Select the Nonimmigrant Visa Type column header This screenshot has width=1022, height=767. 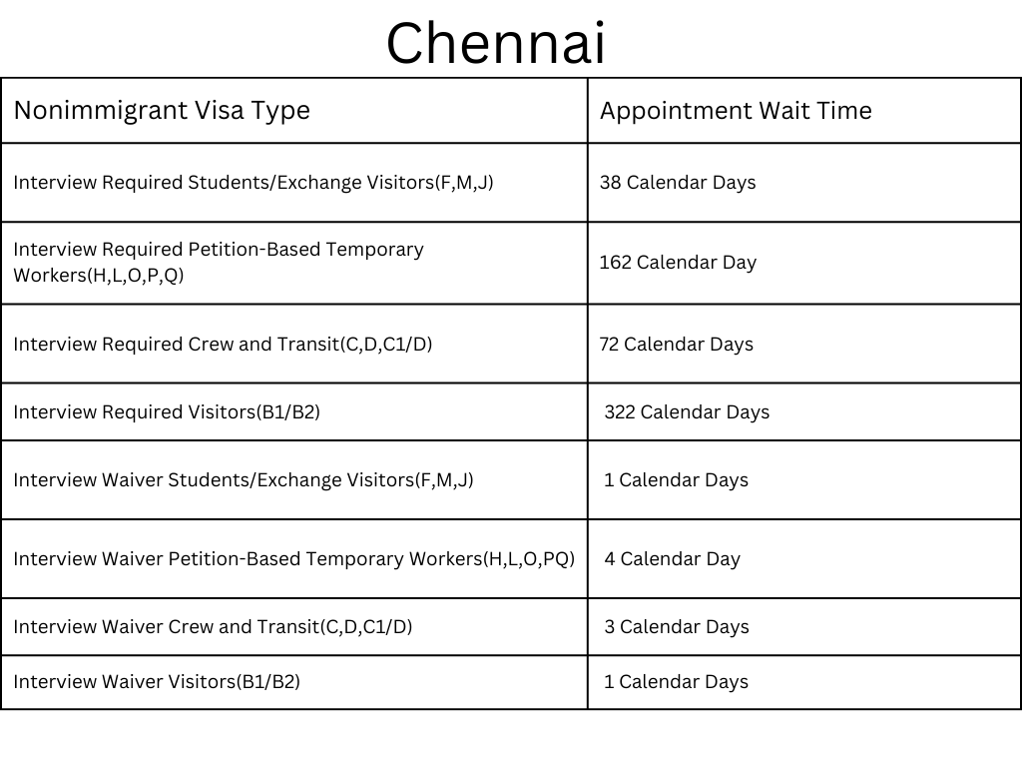(x=162, y=110)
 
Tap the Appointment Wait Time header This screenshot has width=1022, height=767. (x=736, y=110)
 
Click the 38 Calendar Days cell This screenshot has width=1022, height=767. (x=678, y=182)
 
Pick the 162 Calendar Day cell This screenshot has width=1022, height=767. (x=678, y=263)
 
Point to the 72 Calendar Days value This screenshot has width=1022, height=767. (x=676, y=344)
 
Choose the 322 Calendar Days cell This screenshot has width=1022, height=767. (x=687, y=411)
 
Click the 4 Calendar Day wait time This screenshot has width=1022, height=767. (x=672, y=558)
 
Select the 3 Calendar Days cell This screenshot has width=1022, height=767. (x=676, y=626)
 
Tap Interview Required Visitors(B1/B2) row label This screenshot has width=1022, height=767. (x=167, y=411)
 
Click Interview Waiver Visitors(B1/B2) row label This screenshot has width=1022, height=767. (x=157, y=681)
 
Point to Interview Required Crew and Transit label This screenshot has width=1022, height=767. (x=223, y=344)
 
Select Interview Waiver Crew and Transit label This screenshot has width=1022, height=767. (x=213, y=626)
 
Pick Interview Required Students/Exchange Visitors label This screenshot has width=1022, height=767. (x=254, y=182)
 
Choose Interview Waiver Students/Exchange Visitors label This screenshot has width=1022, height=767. (x=244, y=479)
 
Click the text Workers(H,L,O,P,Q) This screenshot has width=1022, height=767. (x=99, y=275)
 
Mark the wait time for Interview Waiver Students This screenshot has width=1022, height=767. (x=676, y=479)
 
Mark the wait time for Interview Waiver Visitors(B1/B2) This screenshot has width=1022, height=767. (x=676, y=681)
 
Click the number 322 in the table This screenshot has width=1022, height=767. (x=620, y=411)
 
